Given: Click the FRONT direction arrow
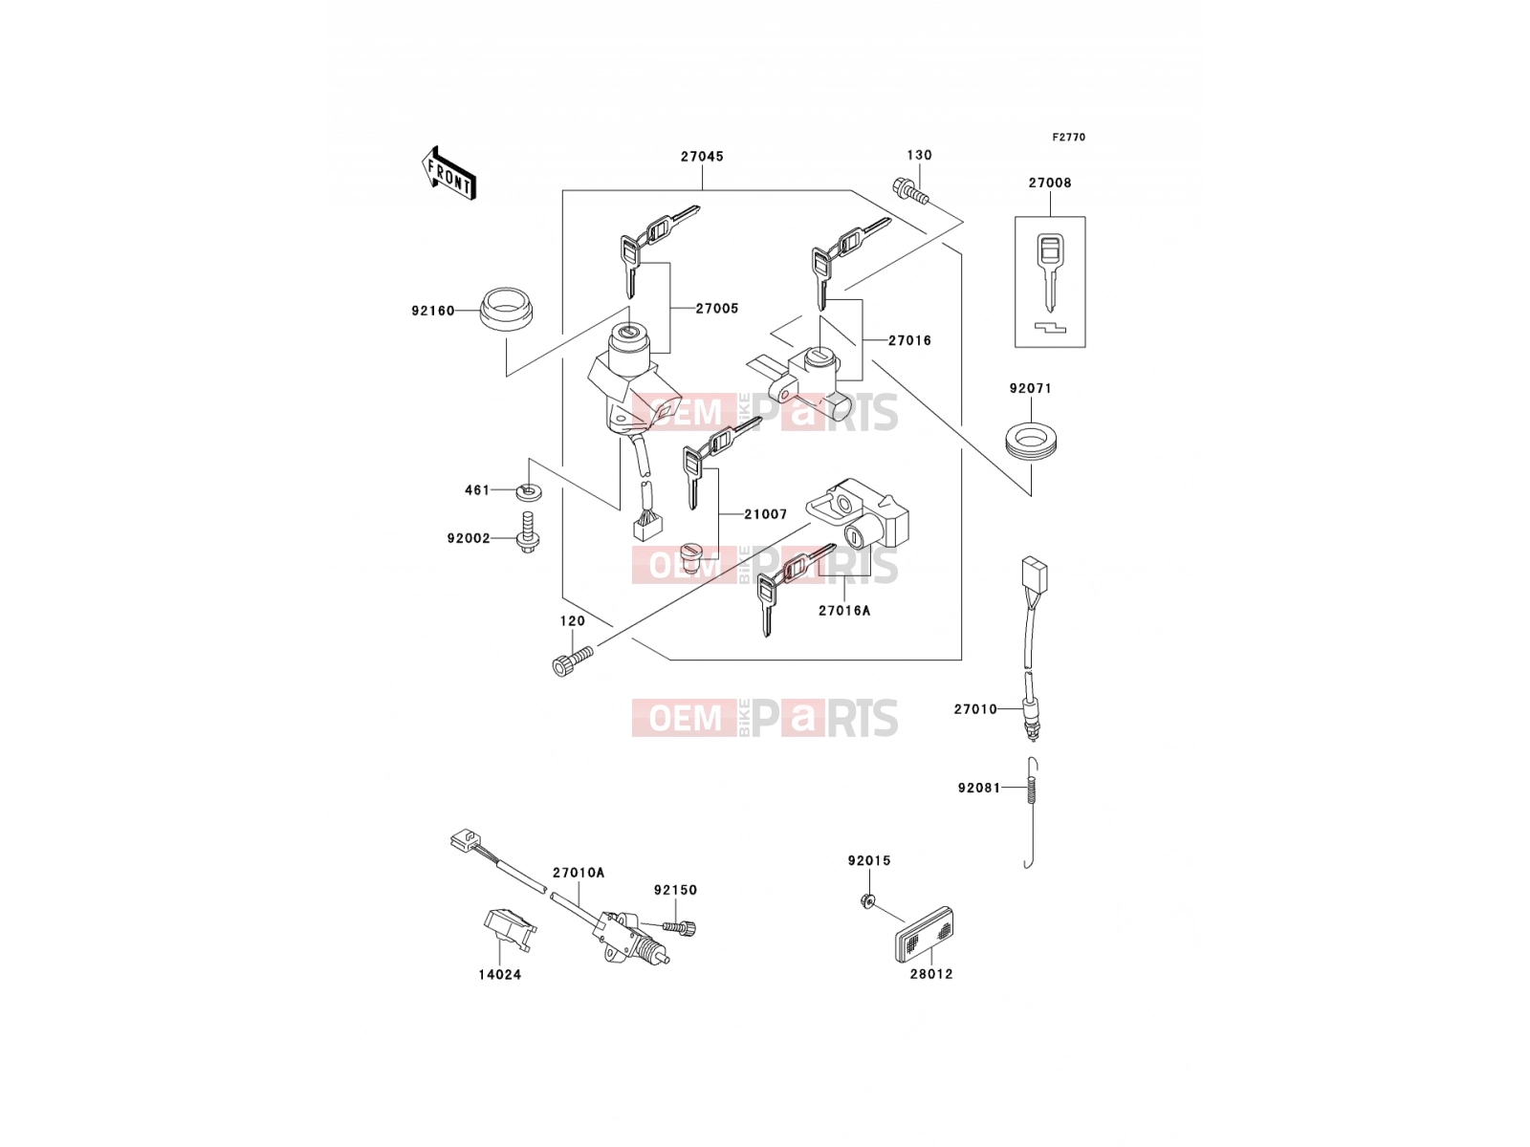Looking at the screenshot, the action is (x=448, y=173).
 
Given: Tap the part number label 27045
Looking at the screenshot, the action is (x=702, y=157).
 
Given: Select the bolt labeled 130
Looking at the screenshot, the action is (x=910, y=191).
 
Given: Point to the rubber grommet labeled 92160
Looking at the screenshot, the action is (x=506, y=310).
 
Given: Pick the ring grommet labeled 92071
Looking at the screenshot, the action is (x=1032, y=440).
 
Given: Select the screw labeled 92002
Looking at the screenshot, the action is (x=528, y=533).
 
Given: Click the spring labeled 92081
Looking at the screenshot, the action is (x=1030, y=812).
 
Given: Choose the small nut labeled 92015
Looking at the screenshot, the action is (x=867, y=901).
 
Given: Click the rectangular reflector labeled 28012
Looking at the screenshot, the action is (x=922, y=935).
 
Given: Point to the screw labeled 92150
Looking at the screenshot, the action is (x=679, y=927).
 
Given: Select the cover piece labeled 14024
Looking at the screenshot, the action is (x=510, y=928).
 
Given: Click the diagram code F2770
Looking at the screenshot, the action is (x=1068, y=138).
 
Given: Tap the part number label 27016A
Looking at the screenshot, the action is (x=844, y=611).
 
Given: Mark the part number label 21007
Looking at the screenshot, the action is (x=765, y=514).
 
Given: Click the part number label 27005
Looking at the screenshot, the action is (x=716, y=309).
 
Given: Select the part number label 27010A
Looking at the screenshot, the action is (x=579, y=873).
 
